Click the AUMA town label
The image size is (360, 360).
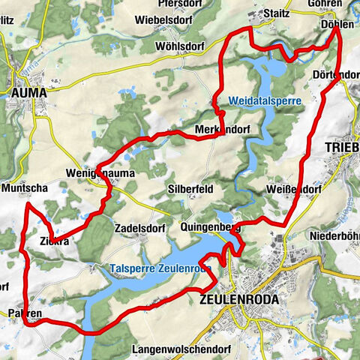coord(29,92)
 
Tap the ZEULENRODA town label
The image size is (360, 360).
coord(240,298)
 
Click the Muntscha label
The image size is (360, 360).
coord(26,187)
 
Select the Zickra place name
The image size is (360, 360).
coord(54,241)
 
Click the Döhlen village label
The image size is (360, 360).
coord(337,24)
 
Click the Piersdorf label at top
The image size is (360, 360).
coord(178,3)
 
